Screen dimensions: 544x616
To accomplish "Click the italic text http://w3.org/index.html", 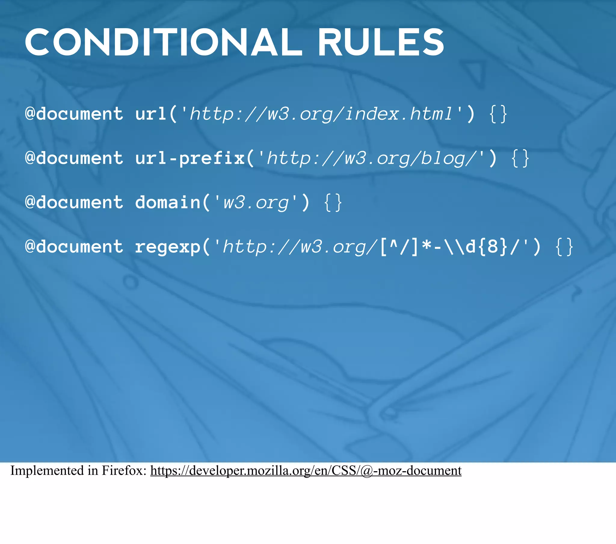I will (x=321, y=114).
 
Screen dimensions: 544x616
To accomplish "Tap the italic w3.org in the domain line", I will (x=256, y=202).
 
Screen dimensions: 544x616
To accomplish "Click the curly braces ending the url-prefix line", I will (x=520, y=158).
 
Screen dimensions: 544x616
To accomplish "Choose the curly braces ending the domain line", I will (x=333, y=202).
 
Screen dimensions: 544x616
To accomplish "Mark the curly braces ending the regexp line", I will (x=564, y=247).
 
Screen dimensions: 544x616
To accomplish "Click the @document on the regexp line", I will (x=74, y=247).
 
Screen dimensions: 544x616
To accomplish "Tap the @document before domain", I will (x=74, y=202).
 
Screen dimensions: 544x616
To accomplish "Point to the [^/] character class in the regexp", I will (x=399, y=247).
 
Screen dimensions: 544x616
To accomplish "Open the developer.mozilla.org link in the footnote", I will (x=306, y=470).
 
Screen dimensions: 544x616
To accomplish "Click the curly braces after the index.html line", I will (x=498, y=114).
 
